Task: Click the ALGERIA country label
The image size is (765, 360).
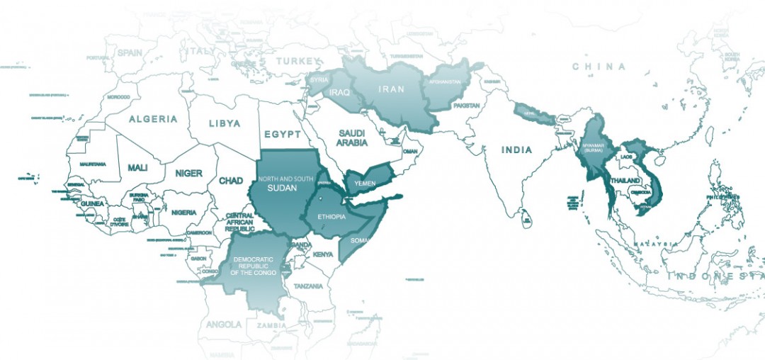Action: (153, 119)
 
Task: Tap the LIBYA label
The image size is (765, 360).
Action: (225, 123)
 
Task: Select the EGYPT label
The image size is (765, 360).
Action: (283, 134)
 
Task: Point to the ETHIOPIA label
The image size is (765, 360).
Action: (331, 218)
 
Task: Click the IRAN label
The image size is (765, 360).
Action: (392, 89)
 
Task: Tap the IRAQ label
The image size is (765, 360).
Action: (339, 92)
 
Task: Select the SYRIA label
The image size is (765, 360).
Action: (319, 80)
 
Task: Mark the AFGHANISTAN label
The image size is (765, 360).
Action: (445, 81)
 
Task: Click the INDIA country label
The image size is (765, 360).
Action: (517, 150)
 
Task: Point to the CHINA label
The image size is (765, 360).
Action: (599, 67)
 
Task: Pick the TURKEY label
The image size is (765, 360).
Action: (299, 62)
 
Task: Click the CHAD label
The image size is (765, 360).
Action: (231, 181)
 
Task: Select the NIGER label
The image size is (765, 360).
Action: (188, 173)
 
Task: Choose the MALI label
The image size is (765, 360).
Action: (137, 168)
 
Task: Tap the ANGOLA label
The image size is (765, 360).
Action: (224, 324)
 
